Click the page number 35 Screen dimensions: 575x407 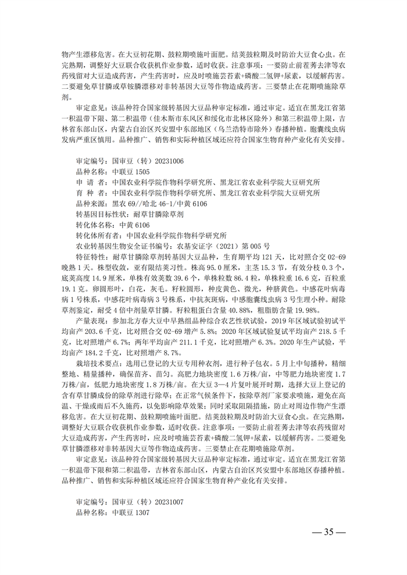tap(330, 532)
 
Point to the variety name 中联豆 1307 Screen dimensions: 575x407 tap(128, 513)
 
